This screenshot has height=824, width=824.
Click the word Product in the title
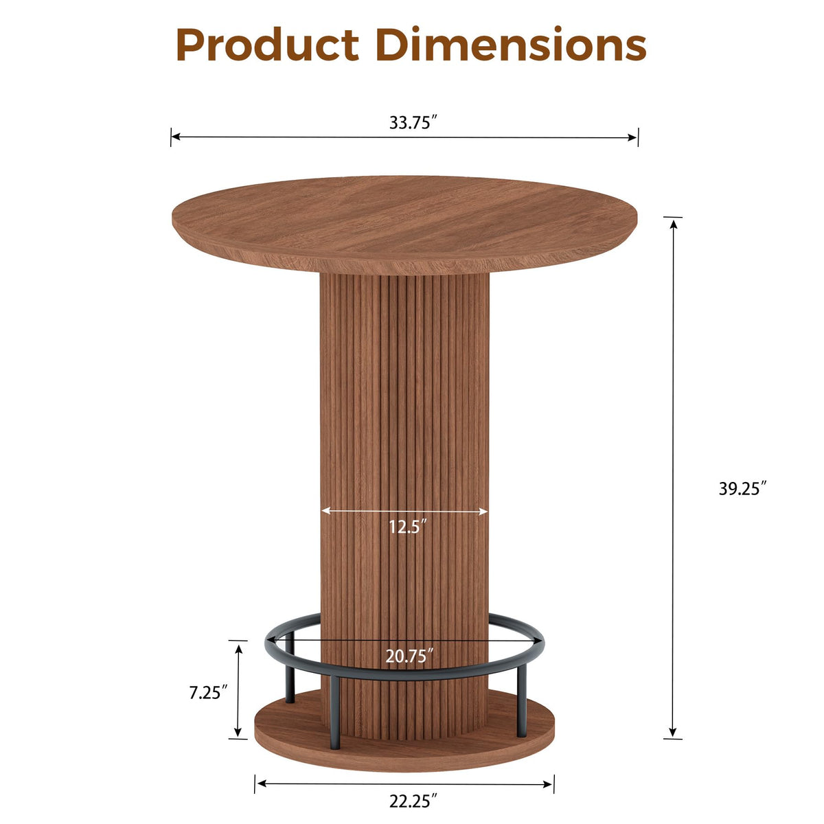pyautogui.click(x=268, y=45)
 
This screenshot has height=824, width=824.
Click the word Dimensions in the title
pyautogui.click(x=511, y=44)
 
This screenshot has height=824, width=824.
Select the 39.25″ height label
pyautogui.click(x=742, y=488)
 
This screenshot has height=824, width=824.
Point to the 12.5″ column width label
pyautogui.click(x=408, y=527)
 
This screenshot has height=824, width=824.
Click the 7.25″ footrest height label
pyautogui.click(x=208, y=693)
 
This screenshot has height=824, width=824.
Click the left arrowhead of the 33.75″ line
pyautogui.click(x=176, y=137)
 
